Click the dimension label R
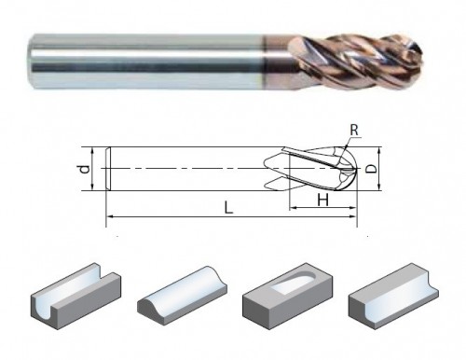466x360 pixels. [x=354, y=130]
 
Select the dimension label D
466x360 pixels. [x=371, y=169]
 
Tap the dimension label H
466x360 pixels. [x=323, y=200]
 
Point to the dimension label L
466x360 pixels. [x=228, y=207]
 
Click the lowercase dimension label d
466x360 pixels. [x=84, y=169]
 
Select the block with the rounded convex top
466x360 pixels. [x=182, y=294]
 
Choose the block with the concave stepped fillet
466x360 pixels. [x=393, y=296]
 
